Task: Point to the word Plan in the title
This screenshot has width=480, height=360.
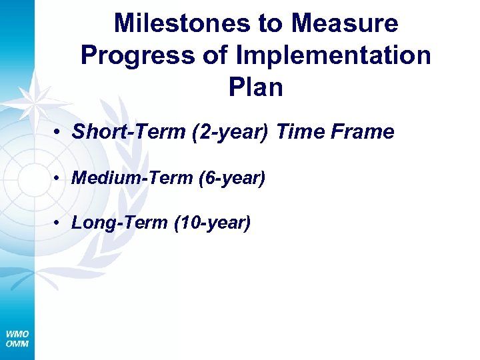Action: tap(255, 87)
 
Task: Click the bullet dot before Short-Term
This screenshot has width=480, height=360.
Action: tap(59, 132)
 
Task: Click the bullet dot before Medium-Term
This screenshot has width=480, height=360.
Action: tap(59, 178)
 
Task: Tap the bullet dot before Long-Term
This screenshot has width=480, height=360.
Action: tap(59, 223)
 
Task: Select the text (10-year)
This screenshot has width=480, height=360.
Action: tap(212, 223)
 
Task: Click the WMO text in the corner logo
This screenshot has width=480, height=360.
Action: tap(17, 334)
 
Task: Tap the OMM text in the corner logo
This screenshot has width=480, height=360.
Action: tap(17, 343)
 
